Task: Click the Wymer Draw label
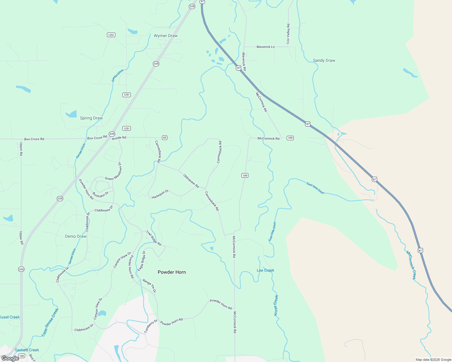(x=166, y=36)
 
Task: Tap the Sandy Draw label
(x=324, y=60)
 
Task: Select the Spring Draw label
(x=91, y=118)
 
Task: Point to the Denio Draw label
(x=76, y=236)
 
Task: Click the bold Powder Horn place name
(x=172, y=272)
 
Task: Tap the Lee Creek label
(x=265, y=270)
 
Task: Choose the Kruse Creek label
(x=276, y=305)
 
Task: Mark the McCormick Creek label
(x=411, y=265)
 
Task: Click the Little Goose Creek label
(x=50, y=322)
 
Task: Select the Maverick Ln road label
(x=266, y=47)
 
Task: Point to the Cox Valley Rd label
(x=288, y=34)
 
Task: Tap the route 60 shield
(x=164, y=138)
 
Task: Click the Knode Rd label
(x=119, y=138)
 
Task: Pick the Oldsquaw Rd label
(x=191, y=181)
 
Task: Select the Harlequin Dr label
(x=160, y=194)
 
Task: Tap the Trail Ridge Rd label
(x=154, y=238)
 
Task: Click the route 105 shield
(x=21, y=356)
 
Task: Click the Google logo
(x=10, y=358)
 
